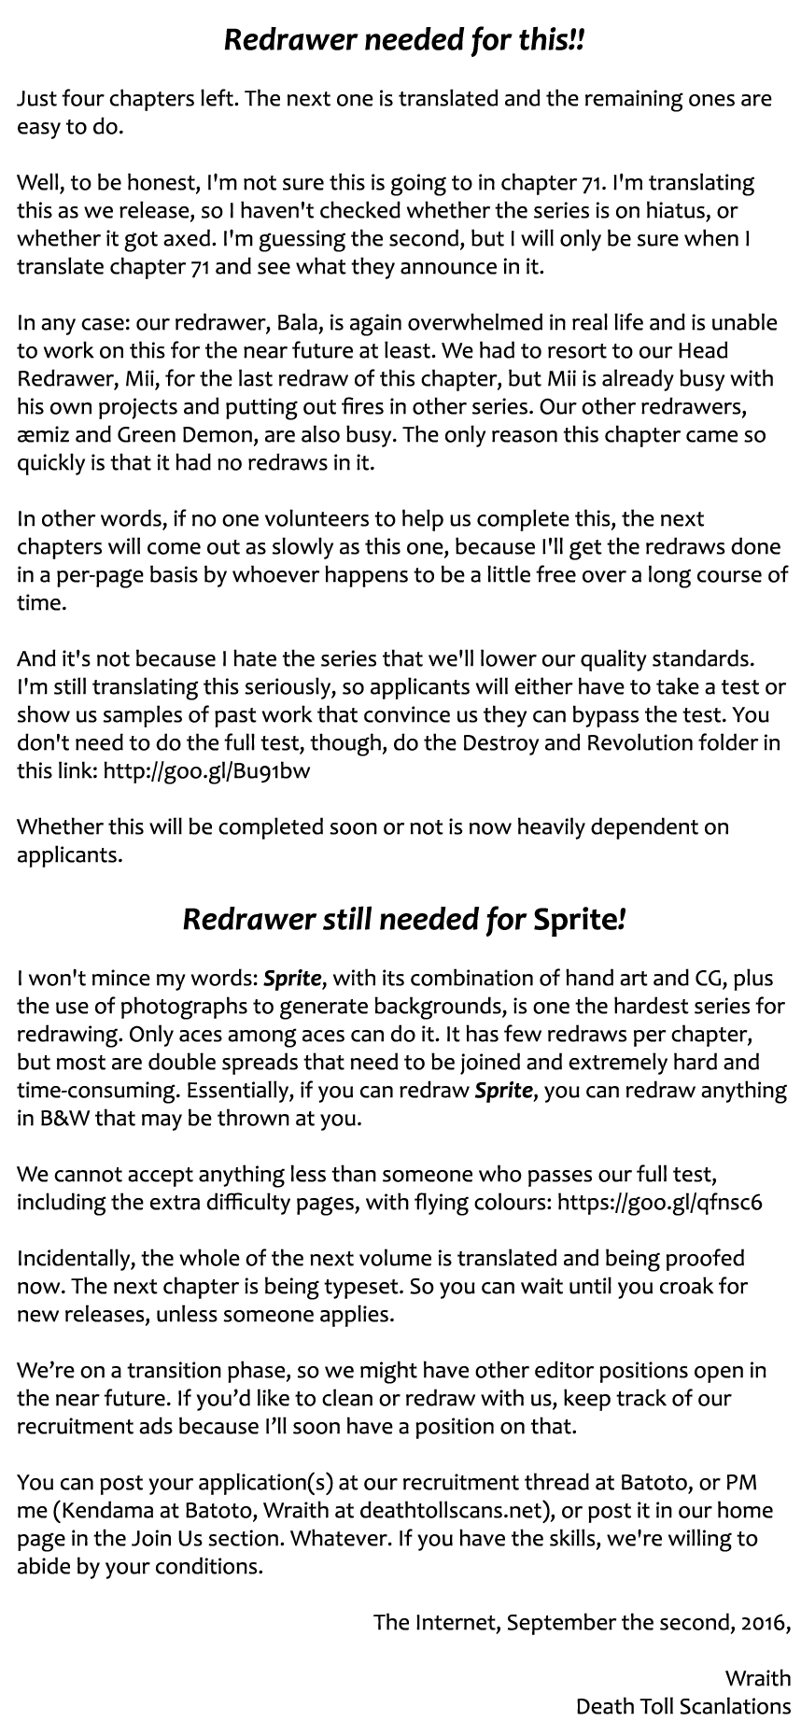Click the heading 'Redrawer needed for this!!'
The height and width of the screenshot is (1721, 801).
tap(404, 41)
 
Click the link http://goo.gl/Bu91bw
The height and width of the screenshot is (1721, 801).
tap(206, 771)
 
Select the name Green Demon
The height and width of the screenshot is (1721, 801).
tap(177, 435)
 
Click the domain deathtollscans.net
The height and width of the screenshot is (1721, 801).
tap(454, 1511)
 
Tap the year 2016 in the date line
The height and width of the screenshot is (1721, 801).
tap(762, 1623)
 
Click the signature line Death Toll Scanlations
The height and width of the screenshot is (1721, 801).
tap(682, 1707)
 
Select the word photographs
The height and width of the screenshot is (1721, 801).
tap(159, 1007)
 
